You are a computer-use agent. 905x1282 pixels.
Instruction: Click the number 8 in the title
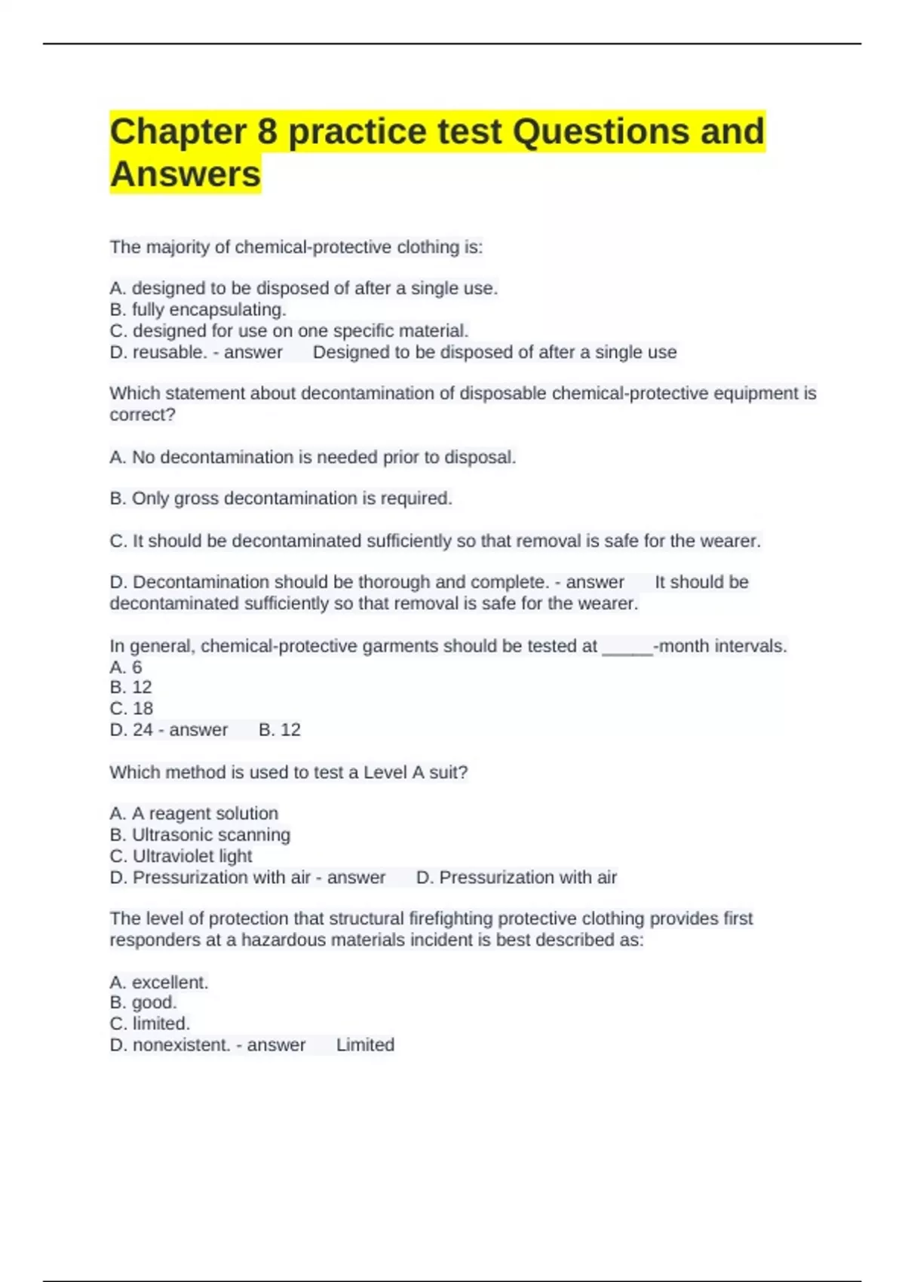pos(267,132)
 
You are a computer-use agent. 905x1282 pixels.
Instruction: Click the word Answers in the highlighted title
pos(186,174)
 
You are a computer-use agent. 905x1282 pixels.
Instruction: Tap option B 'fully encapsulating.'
pos(198,310)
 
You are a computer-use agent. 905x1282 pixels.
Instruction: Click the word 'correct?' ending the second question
pos(143,415)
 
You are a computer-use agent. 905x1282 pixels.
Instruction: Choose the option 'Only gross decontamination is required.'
pos(281,498)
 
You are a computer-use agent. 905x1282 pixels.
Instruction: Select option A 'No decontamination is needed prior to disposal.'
pos(312,457)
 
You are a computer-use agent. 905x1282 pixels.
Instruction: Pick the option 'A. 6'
pos(126,667)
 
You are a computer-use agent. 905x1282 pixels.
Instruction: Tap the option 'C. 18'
pos(131,709)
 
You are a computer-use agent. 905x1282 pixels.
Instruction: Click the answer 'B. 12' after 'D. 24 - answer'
pos(279,730)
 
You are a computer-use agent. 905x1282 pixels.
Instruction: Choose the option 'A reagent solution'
pos(194,814)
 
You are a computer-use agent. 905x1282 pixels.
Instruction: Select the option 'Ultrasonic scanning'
pos(200,835)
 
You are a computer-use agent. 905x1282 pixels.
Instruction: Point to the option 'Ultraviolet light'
pos(181,856)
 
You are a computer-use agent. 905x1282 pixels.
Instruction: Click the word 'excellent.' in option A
pos(170,983)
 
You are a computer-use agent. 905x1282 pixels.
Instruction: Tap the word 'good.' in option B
pos(154,1002)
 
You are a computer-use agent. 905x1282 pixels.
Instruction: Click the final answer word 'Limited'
pos(365,1045)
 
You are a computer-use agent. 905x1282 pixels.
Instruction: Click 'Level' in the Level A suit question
pos(385,773)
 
